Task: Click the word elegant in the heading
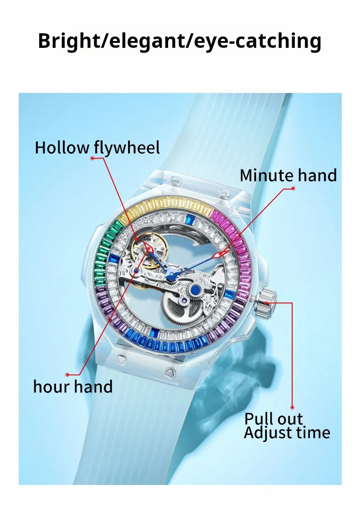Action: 141,41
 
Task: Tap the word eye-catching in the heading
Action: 257,41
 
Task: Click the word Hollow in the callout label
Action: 62,148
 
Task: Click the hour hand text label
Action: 73,386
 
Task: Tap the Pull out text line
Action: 273,418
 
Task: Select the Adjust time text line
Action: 287,432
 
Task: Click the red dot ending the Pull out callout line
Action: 293,407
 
